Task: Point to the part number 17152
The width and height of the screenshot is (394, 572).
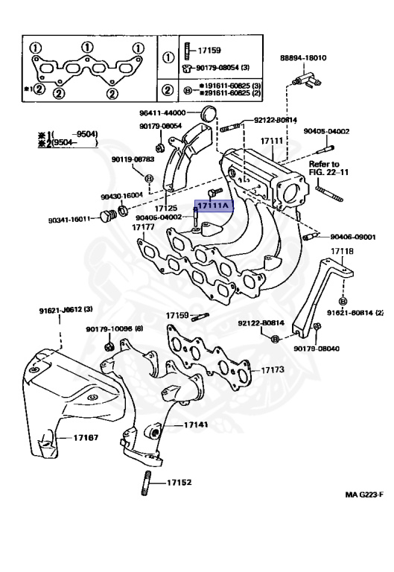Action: point(179,482)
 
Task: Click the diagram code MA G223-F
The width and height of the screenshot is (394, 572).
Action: point(363,495)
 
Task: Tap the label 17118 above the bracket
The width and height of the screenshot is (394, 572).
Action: point(343,252)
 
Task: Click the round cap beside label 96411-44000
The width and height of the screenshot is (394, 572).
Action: point(209,114)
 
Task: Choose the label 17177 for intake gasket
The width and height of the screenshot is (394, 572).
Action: point(143,226)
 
